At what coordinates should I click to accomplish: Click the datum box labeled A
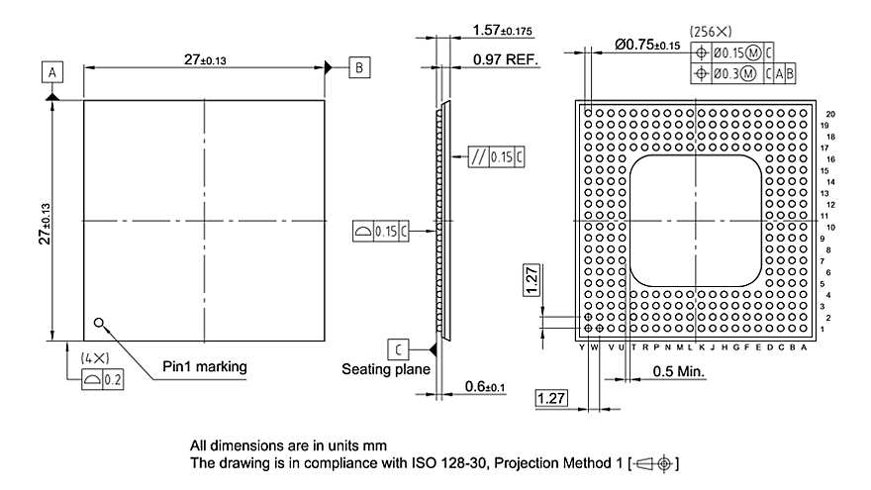point(52,71)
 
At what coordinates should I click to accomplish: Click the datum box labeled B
point(358,67)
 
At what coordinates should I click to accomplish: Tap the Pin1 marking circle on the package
point(99,322)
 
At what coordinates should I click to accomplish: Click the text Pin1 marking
point(204,367)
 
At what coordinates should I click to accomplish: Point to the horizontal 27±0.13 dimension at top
point(204,59)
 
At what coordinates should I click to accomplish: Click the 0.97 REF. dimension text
point(505,60)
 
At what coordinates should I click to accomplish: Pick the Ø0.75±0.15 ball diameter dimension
point(647,46)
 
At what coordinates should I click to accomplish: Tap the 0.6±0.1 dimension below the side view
point(484,386)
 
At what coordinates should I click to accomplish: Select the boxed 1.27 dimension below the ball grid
point(550,398)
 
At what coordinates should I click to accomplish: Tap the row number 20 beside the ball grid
point(830,114)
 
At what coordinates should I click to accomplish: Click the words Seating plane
point(386,370)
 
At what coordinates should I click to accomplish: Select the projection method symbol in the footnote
point(658,463)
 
